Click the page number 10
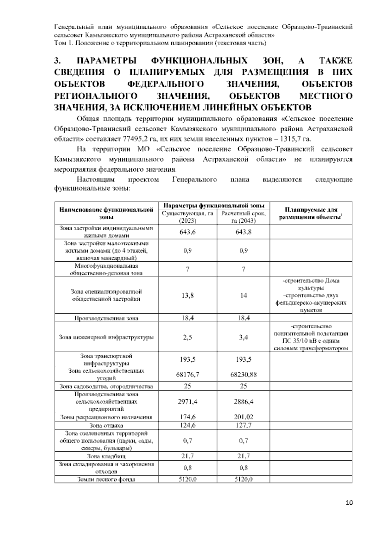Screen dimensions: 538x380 point(349,502)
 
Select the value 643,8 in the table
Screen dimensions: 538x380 point(243,232)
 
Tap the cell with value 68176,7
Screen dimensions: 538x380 point(187,375)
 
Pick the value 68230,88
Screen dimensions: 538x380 point(243,375)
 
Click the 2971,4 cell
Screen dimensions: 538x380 point(187,402)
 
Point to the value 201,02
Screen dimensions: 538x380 point(243,417)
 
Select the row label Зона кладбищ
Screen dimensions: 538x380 point(106,456)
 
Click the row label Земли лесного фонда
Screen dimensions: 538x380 point(106,479)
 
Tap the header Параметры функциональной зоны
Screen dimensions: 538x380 point(214,205)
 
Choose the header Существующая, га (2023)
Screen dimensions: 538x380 point(187,217)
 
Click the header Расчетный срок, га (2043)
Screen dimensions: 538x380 point(243,217)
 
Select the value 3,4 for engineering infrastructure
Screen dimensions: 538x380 point(243,337)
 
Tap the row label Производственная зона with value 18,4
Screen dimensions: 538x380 point(106,318)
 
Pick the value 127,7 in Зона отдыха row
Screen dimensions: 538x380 point(243,425)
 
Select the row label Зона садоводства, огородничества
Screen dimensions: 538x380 point(106,386)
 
